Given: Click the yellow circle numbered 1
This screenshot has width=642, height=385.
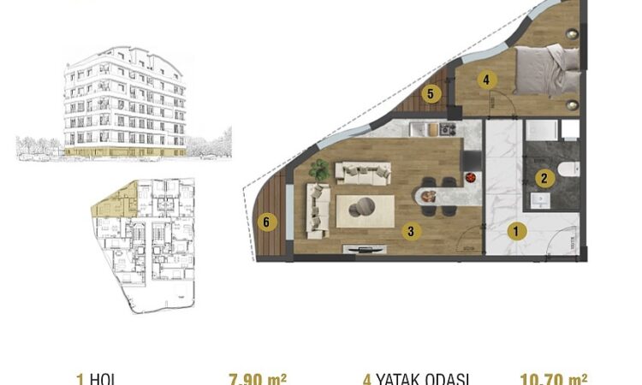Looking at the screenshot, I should coord(516,230).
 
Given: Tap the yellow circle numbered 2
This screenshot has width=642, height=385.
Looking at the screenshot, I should coord(543,178).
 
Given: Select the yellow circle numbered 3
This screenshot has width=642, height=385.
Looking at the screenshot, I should coord(411,230).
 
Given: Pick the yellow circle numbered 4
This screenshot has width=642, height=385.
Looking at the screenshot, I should coord(486,80).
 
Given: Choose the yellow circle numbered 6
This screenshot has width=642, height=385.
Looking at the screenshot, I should coord(267,222).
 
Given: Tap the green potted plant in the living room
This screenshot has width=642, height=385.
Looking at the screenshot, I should coord(319,169).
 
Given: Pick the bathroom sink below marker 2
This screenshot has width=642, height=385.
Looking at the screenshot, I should coord(539,198).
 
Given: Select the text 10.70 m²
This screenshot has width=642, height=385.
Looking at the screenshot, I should coord(553,378).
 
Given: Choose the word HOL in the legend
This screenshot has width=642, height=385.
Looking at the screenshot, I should coord(101,379).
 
